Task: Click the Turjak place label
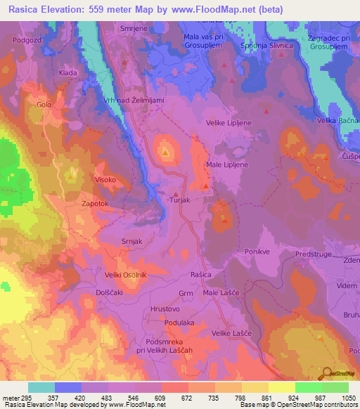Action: pos(181,201)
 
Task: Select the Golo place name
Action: pos(44,105)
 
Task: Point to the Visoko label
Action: pos(106,180)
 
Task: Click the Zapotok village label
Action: pos(96,203)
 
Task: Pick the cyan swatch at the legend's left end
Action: pos(41,387)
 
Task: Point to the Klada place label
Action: pos(68,72)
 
